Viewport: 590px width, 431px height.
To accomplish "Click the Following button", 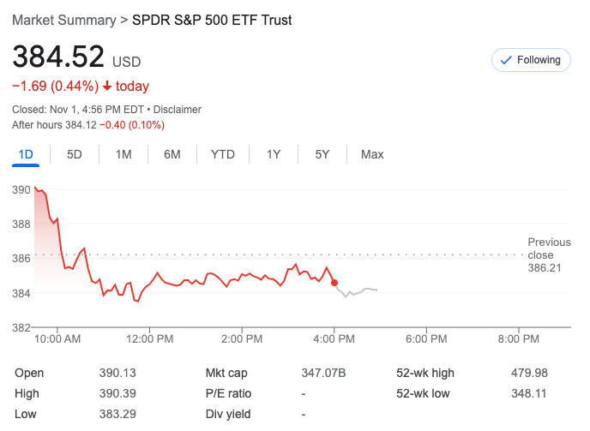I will pyautogui.click(x=531, y=60).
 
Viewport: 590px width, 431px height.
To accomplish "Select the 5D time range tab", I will pyautogui.click(x=75, y=154).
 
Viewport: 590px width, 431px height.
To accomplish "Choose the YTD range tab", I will pyautogui.click(x=223, y=154).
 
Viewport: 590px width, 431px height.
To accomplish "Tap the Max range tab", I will pyautogui.click(x=372, y=154).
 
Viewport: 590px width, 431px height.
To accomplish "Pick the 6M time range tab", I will pyautogui.click(x=172, y=154).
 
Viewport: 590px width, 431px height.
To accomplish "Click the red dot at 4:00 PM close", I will pyautogui.click(x=334, y=283).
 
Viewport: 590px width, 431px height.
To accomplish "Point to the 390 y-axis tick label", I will pyautogui.click(x=21, y=189).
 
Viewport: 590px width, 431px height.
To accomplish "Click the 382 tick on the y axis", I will pyautogui.click(x=21, y=327).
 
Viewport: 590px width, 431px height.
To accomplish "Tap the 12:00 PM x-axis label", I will pyautogui.click(x=149, y=339).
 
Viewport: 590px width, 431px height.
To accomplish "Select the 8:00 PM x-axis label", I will pyautogui.click(x=518, y=339).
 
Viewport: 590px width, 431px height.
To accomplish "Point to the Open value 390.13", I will pyautogui.click(x=117, y=373).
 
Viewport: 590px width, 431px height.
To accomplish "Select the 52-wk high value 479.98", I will pyautogui.click(x=528, y=373).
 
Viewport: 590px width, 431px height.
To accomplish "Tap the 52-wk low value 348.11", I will pyautogui.click(x=528, y=393).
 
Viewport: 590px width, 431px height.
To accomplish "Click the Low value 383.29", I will pyautogui.click(x=117, y=414).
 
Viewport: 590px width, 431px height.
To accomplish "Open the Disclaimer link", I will pyautogui.click(x=178, y=110).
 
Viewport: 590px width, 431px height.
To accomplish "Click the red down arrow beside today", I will pyautogui.click(x=107, y=87).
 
